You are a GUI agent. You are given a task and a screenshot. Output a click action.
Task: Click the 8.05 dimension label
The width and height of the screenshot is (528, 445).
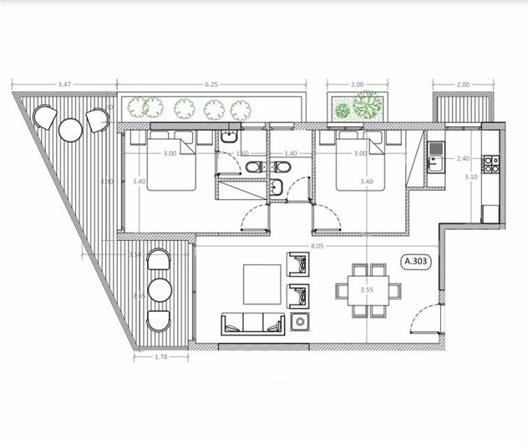pyautogui.click(x=317, y=247)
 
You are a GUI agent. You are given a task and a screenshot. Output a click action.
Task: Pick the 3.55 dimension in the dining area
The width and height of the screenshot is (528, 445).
pyautogui.click(x=367, y=289)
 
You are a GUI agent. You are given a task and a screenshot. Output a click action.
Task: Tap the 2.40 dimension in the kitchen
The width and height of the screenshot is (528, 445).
pyautogui.click(x=465, y=157)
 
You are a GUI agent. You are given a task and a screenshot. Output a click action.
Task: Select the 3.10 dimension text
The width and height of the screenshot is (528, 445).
pyautogui.click(x=470, y=176)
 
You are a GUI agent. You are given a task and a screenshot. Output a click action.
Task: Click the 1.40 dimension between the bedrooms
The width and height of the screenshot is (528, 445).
pyautogui.click(x=291, y=154)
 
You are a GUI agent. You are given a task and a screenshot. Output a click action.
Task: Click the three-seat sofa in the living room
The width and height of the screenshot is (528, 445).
pyautogui.click(x=252, y=323)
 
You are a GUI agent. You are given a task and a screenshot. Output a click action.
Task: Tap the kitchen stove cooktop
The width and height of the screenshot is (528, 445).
pyautogui.click(x=491, y=162)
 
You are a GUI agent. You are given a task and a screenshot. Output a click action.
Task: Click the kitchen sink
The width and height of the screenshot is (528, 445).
pyautogui.click(x=434, y=163)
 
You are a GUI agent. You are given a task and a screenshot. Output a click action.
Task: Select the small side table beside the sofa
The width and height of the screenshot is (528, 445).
pyautogui.click(x=301, y=323)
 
